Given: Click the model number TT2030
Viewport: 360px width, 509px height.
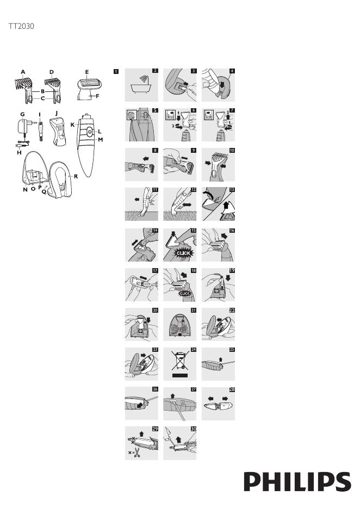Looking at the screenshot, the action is [21, 26].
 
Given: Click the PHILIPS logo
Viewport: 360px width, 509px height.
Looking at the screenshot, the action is [297, 482].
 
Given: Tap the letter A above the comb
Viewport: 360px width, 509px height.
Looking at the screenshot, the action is [23, 72].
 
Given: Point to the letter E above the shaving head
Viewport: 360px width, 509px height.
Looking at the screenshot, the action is [87, 72].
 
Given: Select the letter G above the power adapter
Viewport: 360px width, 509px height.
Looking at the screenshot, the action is [22, 114].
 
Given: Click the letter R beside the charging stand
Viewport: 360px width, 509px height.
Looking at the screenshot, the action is [76, 177].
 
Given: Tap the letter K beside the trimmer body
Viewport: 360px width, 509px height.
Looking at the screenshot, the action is [73, 125].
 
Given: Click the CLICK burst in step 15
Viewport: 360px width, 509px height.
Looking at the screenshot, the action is [183, 253].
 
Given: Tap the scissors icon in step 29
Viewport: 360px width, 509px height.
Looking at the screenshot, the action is [137, 452].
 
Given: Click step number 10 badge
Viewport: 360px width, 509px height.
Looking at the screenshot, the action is [232, 150].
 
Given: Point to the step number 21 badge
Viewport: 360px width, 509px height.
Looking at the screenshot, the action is [194, 311].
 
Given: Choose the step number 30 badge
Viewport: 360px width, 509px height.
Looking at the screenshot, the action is [194, 429].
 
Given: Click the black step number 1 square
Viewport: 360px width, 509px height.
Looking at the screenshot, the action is [116, 71].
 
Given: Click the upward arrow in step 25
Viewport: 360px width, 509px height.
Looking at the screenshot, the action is [221, 359].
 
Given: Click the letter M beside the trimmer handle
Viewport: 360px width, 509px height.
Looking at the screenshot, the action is [100, 140].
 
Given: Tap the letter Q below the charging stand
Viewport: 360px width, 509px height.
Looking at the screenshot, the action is [44, 192].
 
